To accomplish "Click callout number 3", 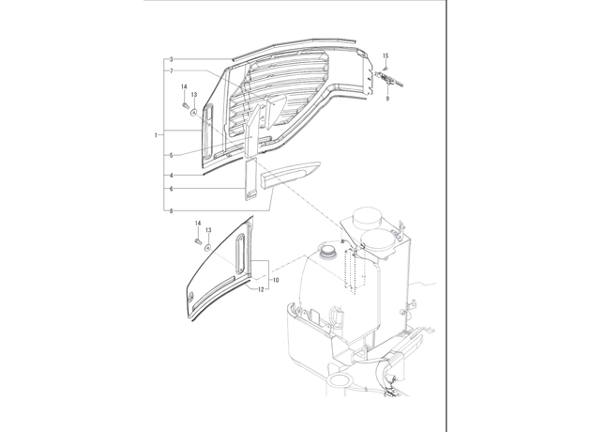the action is pyautogui.click(x=171, y=59).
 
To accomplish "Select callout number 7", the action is pyautogui.click(x=171, y=70).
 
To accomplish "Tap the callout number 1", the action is pyautogui.click(x=156, y=135).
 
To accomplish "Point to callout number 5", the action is pyautogui.click(x=171, y=155).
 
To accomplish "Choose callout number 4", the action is pyautogui.click(x=171, y=176).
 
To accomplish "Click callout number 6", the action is pyautogui.click(x=171, y=189).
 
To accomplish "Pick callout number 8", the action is pyautogui.click(x=171, y=211).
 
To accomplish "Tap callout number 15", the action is pyautogui.click(x=386, y=55).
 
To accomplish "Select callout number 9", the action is pyautogui.click(x=387, y=99).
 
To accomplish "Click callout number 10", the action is pyautogui.click(x=276, y=280).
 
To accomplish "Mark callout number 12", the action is pyautogui.click(x=261, y=289).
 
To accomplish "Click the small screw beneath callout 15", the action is pyautogui.click(x=386, y=68).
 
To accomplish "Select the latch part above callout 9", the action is pyautogui.click(x=388, y=79).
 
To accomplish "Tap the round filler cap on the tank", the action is pyautogui.click(x=327, y=251).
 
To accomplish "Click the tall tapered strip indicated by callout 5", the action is pyautogui.click(x=251, y=131).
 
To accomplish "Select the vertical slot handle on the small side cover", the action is pyautogui.click(x=240, y=254).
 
